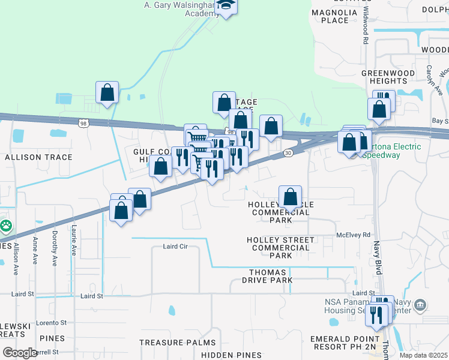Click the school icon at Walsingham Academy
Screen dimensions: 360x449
point(226,6)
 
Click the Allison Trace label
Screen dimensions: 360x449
point(38,157)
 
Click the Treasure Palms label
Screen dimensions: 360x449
point(177,343)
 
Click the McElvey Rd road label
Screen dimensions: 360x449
point(354,235)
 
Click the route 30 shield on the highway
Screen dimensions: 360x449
point(289,153)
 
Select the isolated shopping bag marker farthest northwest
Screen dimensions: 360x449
point(107,93)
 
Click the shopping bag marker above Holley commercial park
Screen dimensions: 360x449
point(290,196)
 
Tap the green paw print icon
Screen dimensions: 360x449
point(5,226)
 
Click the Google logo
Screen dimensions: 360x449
point(20,352)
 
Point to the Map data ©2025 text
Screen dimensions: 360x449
point(423,355)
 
